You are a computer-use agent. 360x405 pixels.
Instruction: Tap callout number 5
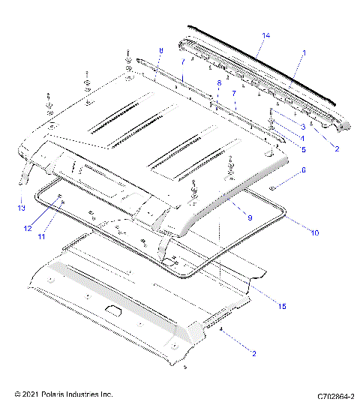click(302, 148)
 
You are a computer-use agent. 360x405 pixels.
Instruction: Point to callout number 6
click(302, 171)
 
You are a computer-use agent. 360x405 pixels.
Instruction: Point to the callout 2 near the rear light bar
click(337, 148)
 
